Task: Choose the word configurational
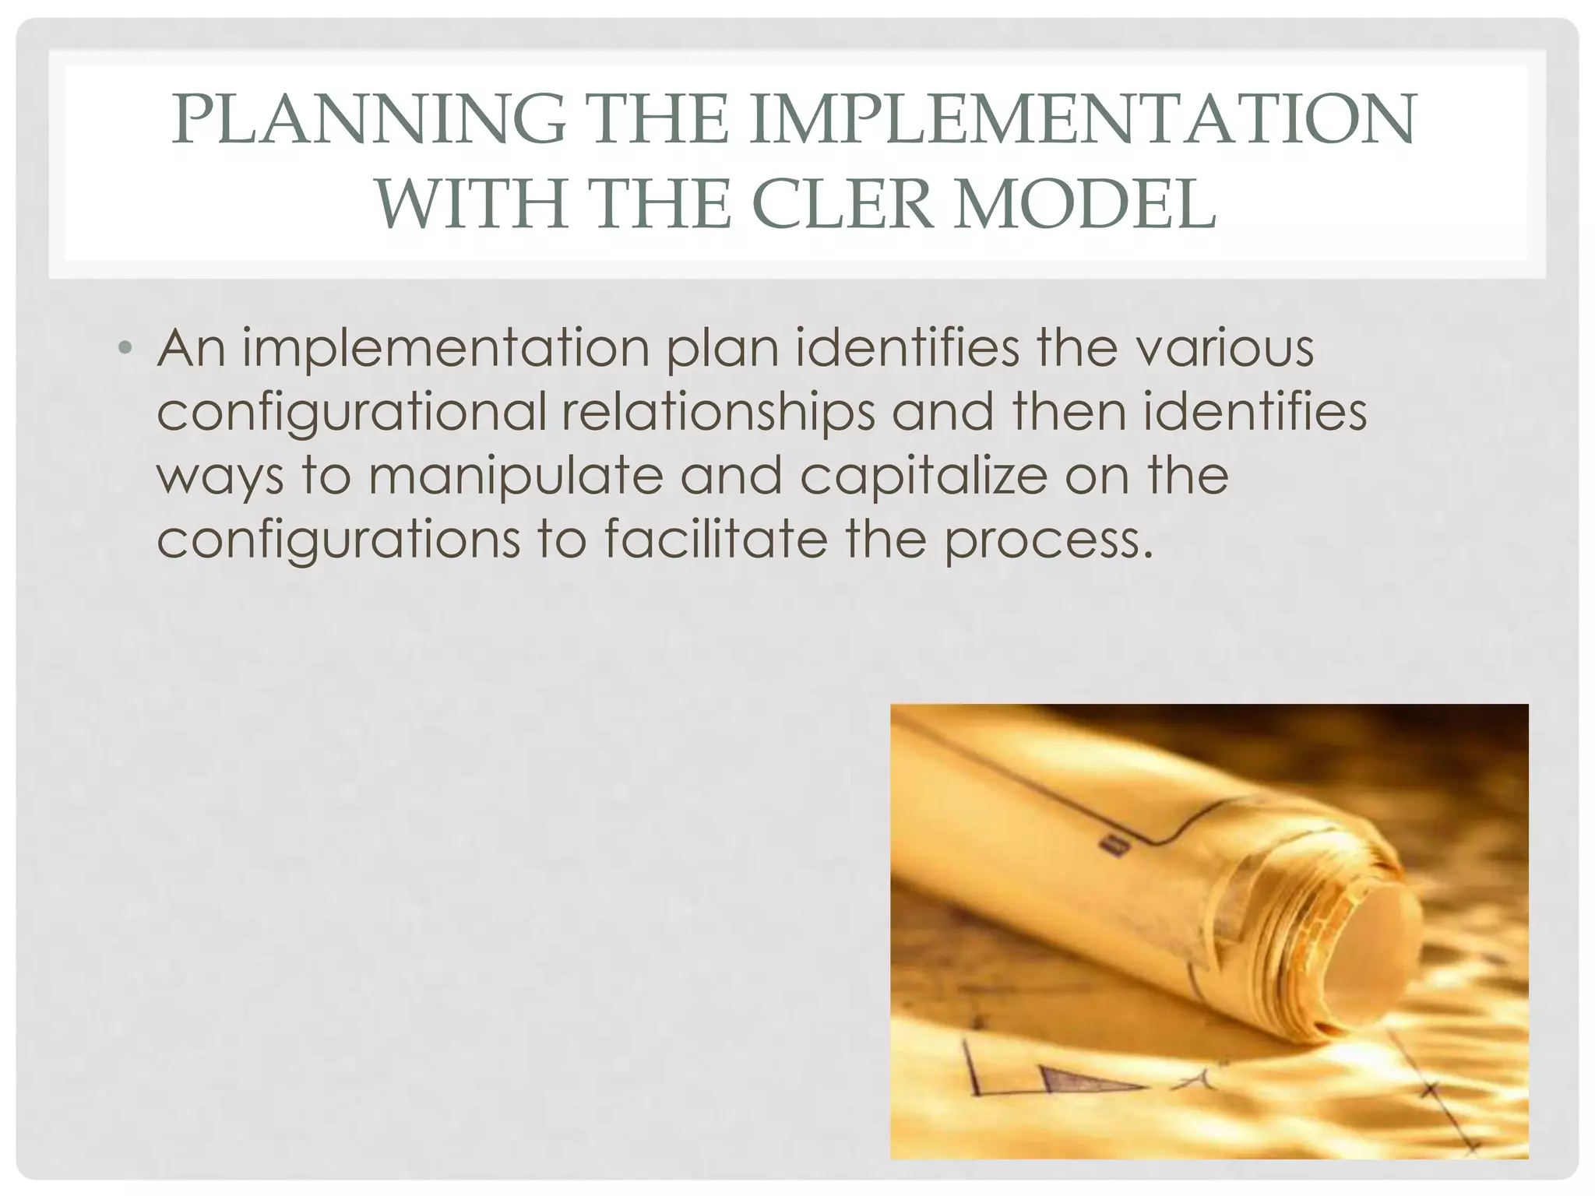351,413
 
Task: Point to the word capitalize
924,476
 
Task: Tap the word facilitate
716,540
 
